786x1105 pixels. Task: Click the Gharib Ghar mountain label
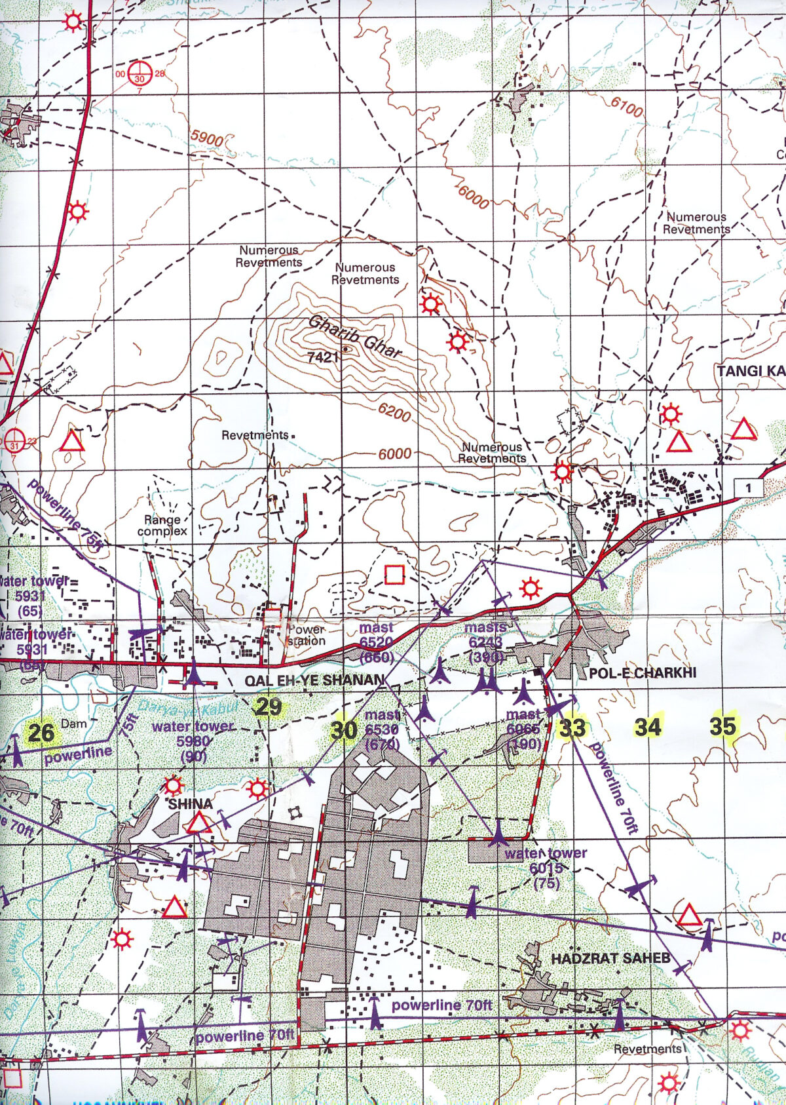(x=354, y=337)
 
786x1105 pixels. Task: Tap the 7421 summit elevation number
(x=322, y=357)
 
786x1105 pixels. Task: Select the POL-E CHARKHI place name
(x=642, y=673)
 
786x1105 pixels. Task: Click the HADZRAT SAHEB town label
(x=610, y=958)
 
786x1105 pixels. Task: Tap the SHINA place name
(x=190, y=804)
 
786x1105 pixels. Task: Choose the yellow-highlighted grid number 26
(x=41, y=733)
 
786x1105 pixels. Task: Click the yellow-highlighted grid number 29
(x=269, y=707)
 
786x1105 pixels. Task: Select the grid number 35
(x=723, y=726)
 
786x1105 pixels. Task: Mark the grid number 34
(x=647, y=727)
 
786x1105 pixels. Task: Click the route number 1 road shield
(x=748, y=488)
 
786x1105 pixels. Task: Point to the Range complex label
(x=162, y=525)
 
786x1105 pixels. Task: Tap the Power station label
(x=306, y=635)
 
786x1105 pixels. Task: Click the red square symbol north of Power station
(x=394, y=575)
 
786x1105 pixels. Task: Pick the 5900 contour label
(x=207, y=138)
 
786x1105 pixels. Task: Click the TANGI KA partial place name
(x=751, y=372)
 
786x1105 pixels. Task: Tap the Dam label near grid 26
(x=73, y=724)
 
